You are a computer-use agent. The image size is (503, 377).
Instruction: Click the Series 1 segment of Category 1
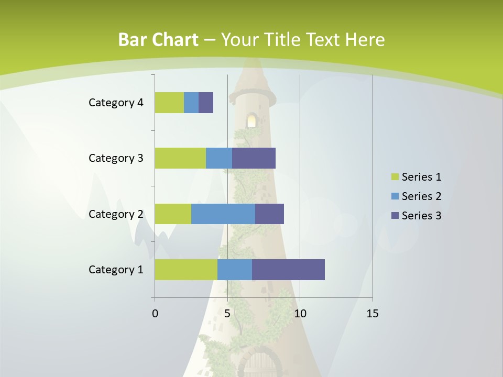[x=186, y=270]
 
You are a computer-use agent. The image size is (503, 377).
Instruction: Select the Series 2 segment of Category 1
[x=235, y=270]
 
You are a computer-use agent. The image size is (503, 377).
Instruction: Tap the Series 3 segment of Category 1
[x=288, y=270]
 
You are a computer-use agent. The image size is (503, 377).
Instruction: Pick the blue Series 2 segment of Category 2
[x=223, y=214]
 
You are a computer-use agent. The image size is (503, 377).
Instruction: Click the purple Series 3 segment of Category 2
[x=269, y=214]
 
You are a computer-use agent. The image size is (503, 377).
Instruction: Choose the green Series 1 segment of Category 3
[x=180, y=158]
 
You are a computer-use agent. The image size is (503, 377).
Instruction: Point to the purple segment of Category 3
[x=254, y=158]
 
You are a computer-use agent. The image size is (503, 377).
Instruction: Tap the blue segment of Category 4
[x=191, y=103]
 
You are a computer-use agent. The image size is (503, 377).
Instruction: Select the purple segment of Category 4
[x=206, y=103]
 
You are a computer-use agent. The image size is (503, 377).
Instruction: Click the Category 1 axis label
[x=116, y=270]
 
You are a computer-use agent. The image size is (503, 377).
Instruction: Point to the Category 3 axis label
[x=116, y=158]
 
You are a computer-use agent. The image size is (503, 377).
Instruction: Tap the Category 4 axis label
[x=116, y=103]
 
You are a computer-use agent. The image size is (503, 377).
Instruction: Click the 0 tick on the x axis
[x=155, y=314]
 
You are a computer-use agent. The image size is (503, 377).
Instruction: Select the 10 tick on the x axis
[x=300, y=314]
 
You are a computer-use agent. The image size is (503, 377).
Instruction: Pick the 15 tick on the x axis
[x=373, y=314]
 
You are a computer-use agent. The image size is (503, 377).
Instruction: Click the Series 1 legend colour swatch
[x=395, y=177]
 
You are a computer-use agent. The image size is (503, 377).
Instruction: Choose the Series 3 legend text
[x=421, y=216]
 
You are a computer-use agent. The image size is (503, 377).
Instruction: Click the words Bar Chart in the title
[x=158, y=40]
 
